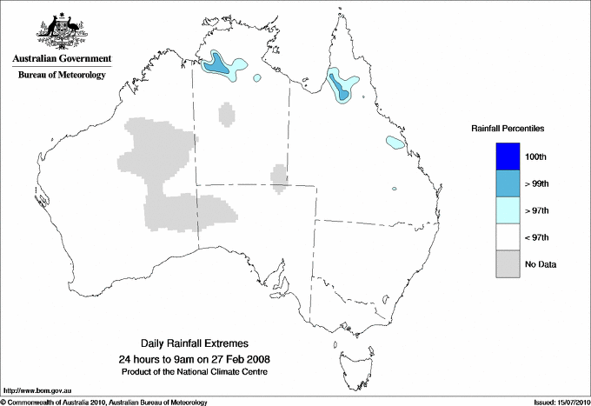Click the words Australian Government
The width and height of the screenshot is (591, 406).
pos(61,60)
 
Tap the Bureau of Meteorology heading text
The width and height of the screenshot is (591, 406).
pos(61,76)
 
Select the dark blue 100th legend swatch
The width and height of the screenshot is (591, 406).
pos(508,156)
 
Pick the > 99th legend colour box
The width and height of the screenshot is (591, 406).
pos(508,183)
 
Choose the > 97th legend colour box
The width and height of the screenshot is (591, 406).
pos(508,210)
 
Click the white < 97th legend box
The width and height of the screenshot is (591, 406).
pos(508,237)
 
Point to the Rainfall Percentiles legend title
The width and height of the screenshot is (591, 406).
pos(508,129)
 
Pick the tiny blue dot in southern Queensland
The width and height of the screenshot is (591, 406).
pos(394,189)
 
